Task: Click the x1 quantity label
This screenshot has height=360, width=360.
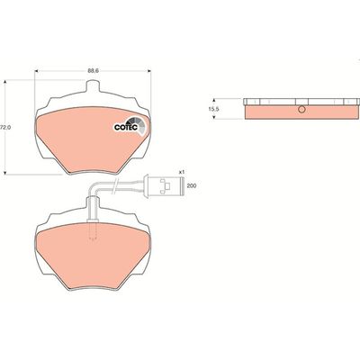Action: coord(181,171)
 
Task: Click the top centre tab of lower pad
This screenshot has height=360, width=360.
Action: coord(93,209)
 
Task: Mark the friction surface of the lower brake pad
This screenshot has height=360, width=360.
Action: coord(90,256)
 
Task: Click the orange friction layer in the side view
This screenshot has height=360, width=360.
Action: coord(279,112)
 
